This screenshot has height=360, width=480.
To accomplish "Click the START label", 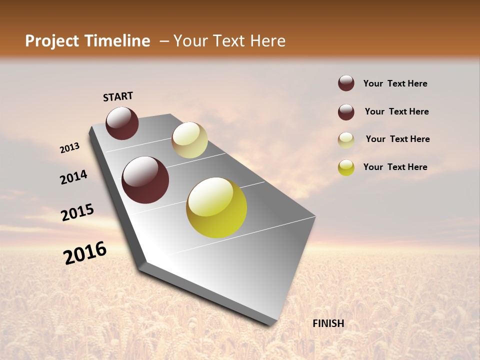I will click(118, 96).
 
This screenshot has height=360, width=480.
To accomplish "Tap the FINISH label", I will click(328, 323).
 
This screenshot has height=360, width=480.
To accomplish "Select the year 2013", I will click(70, 148).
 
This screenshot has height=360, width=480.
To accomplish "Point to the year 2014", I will click(73, 177).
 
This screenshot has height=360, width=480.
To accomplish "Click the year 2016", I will click(85, 253).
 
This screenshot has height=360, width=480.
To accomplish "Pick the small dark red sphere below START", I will click(122, 123).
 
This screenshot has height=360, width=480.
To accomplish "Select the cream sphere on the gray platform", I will click(189, 140).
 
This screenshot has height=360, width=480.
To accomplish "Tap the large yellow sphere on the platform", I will click(216, 207).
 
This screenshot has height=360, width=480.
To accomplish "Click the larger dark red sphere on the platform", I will click(145, 180).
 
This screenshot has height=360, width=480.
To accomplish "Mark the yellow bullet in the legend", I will click(346, 167).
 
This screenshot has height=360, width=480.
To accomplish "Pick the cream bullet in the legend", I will click(346, 140).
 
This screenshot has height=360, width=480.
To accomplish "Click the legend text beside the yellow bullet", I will click(395, 167).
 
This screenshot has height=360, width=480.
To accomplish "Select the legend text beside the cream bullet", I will click(397, 139).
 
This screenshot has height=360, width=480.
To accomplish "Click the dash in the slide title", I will click(163, 41).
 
